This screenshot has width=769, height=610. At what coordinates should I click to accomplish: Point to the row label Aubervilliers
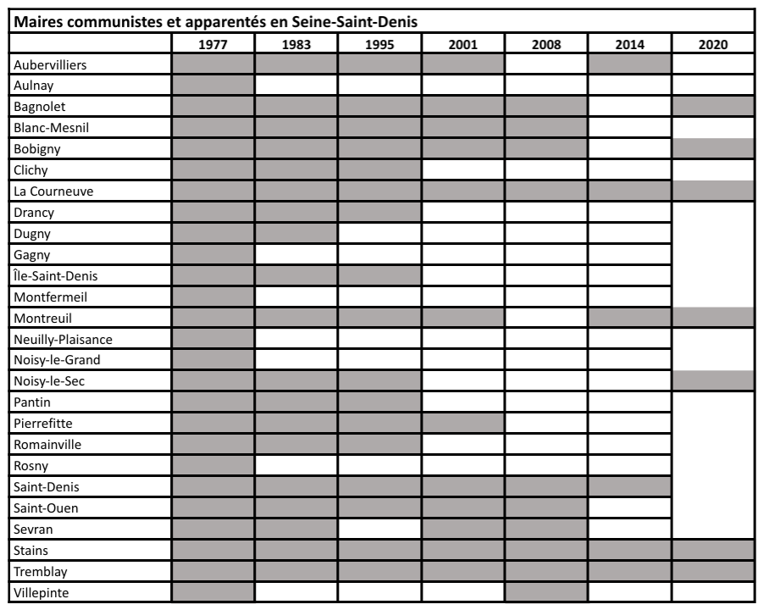(x=50, y=64)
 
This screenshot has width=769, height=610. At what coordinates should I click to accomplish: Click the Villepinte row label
(x=43, y=592)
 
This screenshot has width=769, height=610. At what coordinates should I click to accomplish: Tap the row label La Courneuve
(x=53, y=191)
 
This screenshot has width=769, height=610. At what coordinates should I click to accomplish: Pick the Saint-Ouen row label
(x=47, y=508)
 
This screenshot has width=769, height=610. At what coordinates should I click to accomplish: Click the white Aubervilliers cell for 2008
(x=546, y=64)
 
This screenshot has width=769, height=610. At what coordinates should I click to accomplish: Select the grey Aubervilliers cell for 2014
(x=629, y=64)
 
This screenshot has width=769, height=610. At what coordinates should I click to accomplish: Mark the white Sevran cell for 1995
(x=379, y=529)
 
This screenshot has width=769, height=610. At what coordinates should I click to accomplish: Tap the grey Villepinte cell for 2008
(x=546, y=591)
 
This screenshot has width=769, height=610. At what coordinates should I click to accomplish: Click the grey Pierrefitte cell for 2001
(x=463, y=423)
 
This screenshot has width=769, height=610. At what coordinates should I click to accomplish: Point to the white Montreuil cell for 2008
(x=546, y=318)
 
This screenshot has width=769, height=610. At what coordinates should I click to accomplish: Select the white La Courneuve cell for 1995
(x=379, y=191)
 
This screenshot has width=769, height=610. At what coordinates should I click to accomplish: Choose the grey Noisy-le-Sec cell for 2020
(x=712, y=380)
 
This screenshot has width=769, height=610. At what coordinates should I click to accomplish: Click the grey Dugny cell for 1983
(x=296, y=233)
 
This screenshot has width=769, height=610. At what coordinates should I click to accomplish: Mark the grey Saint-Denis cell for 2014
(x=629, y=486)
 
